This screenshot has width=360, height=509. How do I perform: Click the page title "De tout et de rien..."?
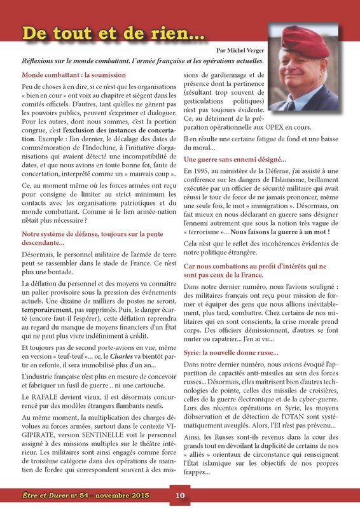pyautogui.click(x=105, y=32)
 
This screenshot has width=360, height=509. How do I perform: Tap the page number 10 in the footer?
pyautogui.click(x=179, y=495)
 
